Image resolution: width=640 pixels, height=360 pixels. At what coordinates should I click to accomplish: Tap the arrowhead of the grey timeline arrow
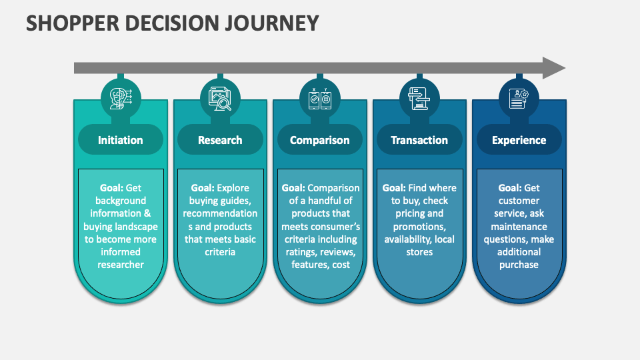553,68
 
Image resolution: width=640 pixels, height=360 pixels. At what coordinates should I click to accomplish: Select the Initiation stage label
120,140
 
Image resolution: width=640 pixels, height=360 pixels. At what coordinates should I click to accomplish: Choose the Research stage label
220,140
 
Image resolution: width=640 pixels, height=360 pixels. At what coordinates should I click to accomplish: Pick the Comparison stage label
319,140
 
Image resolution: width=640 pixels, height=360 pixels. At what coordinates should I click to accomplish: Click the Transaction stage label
419,140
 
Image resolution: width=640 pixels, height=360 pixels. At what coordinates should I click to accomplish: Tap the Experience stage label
519,140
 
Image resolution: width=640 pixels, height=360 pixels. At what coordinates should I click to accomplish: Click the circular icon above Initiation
120,97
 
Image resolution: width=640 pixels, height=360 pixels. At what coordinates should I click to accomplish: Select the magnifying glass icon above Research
220,97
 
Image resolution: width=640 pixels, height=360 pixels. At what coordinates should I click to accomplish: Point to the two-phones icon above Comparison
319,97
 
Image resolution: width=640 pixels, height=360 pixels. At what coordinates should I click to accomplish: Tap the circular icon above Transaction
419,97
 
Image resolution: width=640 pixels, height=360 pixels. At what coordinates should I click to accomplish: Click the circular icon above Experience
519,97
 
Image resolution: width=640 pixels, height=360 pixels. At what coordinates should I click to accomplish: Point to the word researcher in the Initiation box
120,265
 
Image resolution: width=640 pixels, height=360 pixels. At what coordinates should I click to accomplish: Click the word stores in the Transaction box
419,252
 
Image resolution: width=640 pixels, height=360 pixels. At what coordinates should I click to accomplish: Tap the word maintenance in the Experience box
519,227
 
